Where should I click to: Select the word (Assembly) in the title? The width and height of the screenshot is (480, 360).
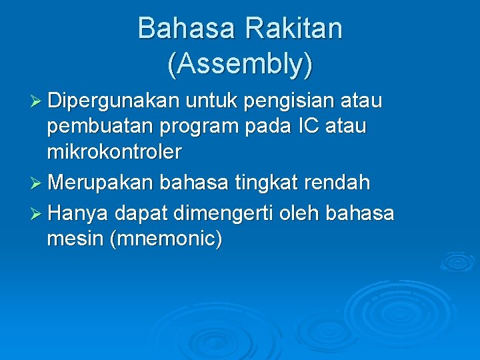[240, 64]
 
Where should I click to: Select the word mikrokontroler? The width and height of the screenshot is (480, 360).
[114, 152]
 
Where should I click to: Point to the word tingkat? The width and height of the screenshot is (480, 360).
[261, 182]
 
